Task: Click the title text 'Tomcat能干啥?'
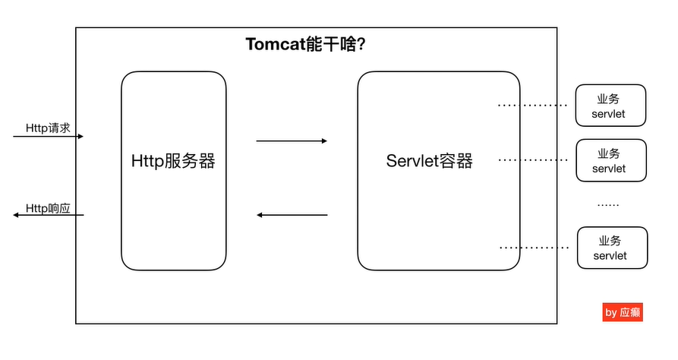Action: click(x=307, y=44)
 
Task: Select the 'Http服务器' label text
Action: click(x=173, y=161)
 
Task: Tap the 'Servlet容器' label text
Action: click(x=429, y=161)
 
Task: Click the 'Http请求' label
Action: click(x=48, y=128)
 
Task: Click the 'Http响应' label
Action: click(x=48, y=207)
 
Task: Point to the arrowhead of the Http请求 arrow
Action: click(x=80, y=137)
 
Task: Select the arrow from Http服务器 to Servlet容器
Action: click(x=292, y=141)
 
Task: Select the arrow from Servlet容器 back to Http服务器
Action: click(x=292, y=215)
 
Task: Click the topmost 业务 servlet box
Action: click(x=610, y=106)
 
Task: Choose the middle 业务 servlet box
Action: click(x=610, y=160)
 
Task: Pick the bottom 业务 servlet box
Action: click(x=611, y=248)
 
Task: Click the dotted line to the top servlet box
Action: click(x=532, y=105)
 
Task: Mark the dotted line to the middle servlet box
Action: click(x=532, y=160)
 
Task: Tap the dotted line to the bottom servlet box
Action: click(x=534, y=248)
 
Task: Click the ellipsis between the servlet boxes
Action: click(x=608, y=204)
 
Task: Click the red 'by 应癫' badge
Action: click(x=623, y=312)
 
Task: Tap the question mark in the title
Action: click(x=362, y=44)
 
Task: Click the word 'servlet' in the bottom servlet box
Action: click(x=610, y=256)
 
